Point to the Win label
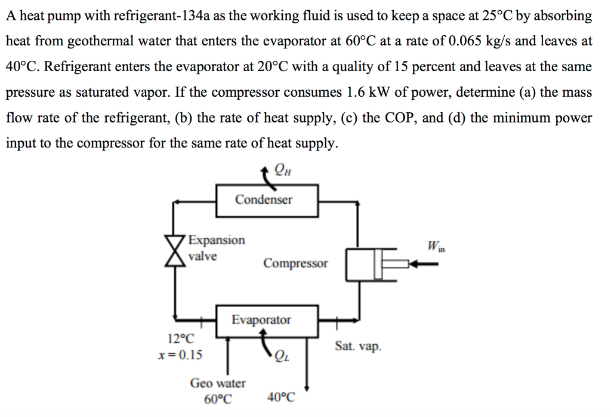click(x=436, y=245)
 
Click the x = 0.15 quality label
click(x=180, y=355)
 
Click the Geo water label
click(x=217, y=383)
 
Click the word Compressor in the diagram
click(x=295, y=263)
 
